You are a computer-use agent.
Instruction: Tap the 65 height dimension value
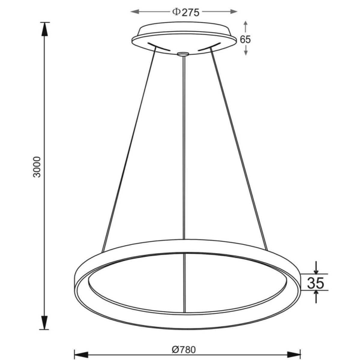[x=245, y=39]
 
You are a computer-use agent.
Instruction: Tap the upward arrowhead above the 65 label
[x=245, y=23]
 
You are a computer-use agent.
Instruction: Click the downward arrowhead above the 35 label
[x=316, y=269]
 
